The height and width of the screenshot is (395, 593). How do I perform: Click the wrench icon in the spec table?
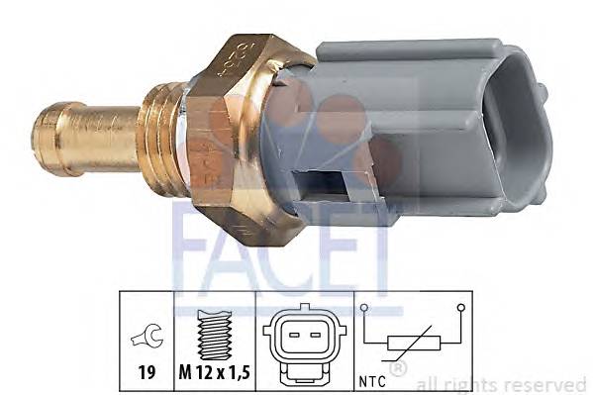[146, 341]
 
